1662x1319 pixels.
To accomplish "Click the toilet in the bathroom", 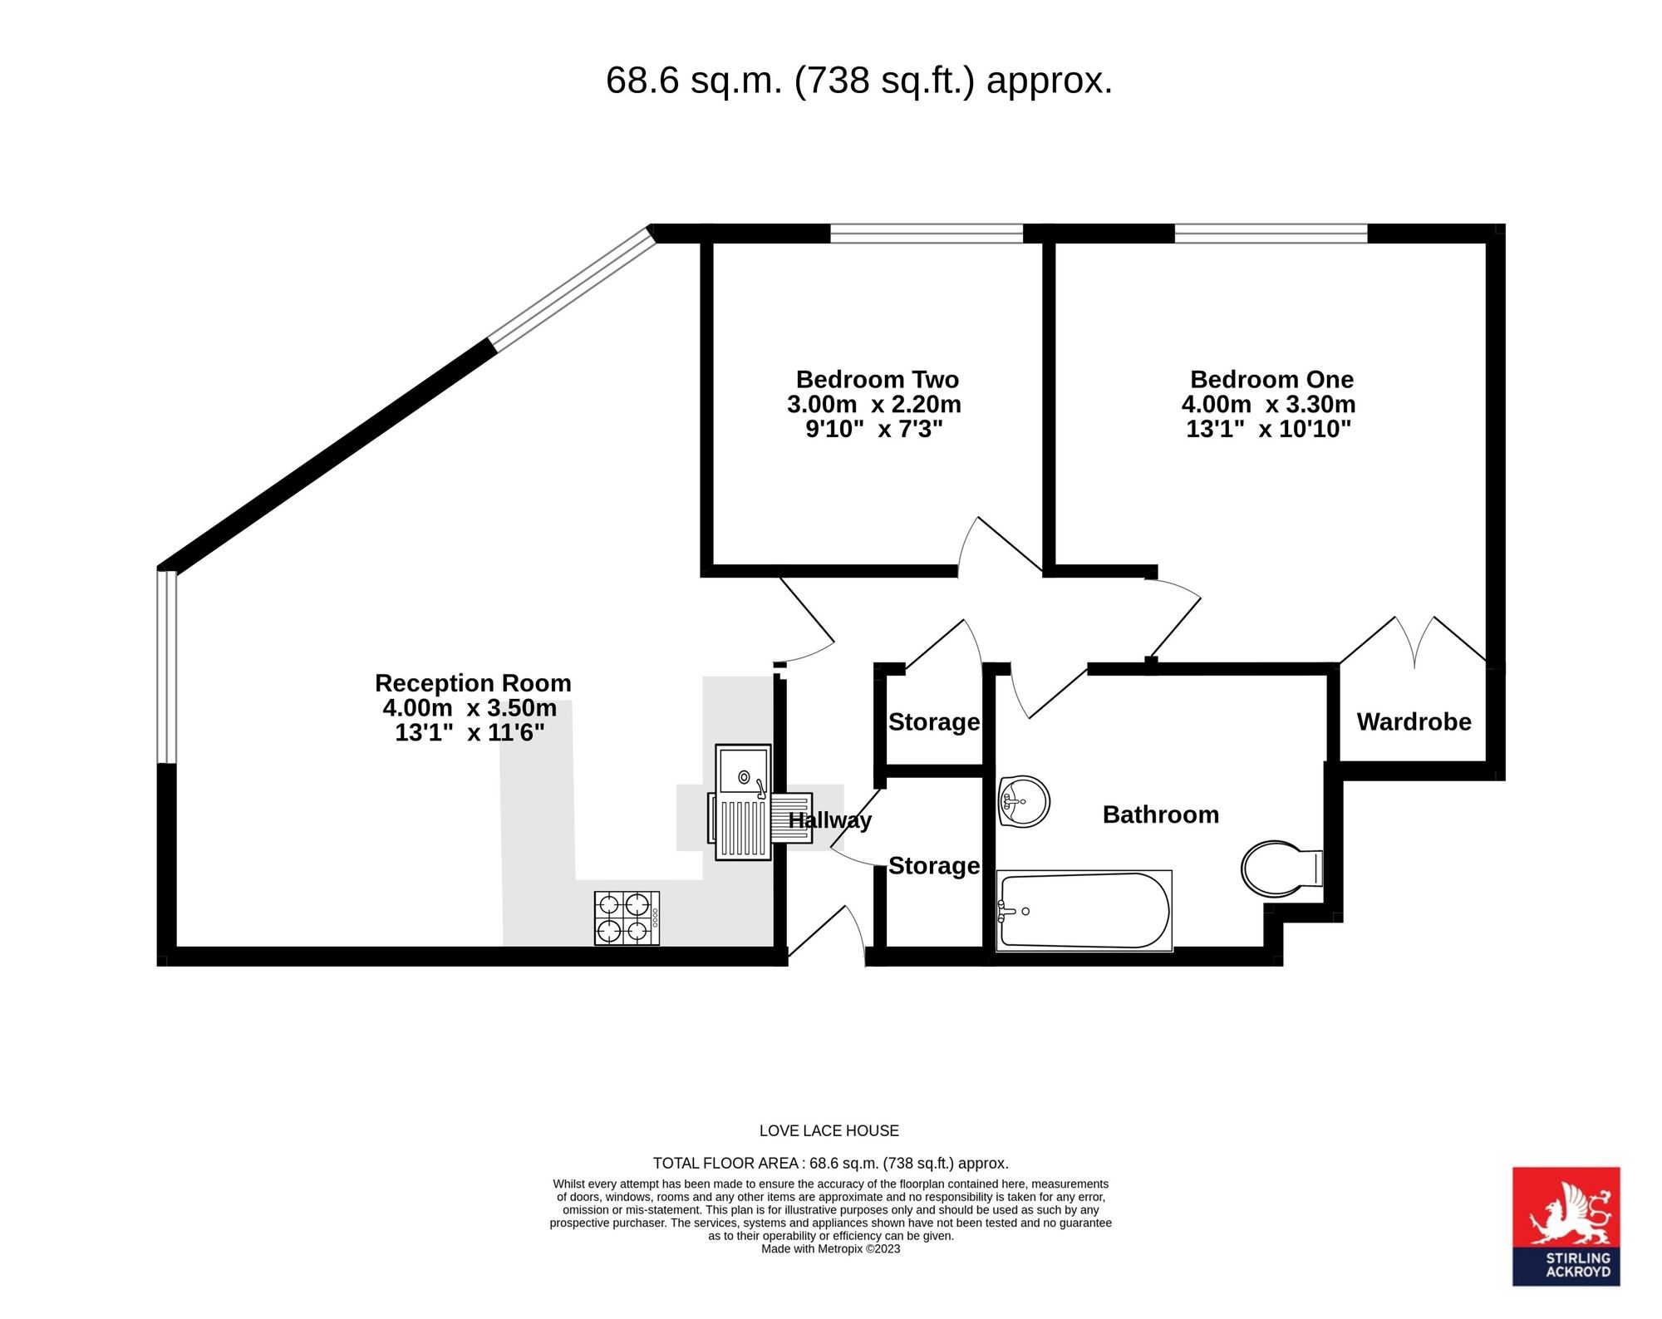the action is [1281, 870].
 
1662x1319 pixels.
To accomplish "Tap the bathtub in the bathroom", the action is [1084, 911].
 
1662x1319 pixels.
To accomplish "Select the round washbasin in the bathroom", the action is [1024, 802].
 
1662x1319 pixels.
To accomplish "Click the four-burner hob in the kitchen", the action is [627, 918].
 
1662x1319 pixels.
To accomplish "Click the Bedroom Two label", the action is [878, 380].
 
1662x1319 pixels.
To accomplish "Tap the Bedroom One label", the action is [1271, 380].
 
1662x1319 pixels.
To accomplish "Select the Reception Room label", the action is [473, 683].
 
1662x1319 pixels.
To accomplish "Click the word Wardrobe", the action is [1414, 721].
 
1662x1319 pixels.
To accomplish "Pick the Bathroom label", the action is [1161, 815].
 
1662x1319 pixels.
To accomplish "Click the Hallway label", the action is [829, 820].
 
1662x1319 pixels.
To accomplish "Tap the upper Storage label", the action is [934, 721].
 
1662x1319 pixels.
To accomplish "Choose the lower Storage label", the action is [934, 865].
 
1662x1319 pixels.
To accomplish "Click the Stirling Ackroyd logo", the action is [1566, 1226].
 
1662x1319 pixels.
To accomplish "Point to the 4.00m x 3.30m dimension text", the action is [1268, 405].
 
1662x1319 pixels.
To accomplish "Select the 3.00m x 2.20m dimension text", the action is [874, 405].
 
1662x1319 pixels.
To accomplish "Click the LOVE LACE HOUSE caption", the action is [829, 1130].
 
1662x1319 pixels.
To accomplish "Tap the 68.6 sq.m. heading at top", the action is [859, 81].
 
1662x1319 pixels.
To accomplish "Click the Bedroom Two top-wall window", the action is [927, 234].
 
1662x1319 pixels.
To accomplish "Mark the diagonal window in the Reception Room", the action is [572, 288].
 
